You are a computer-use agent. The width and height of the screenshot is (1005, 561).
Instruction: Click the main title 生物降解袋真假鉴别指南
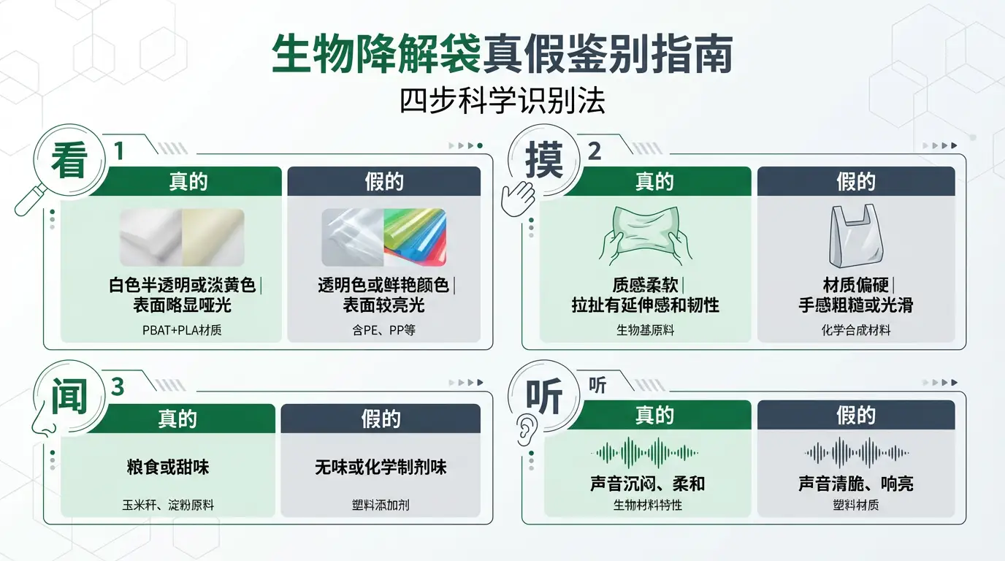pyautogui.click(x=502, y=56)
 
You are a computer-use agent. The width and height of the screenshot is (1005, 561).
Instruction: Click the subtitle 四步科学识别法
pyautogui.click(x=502, y=101)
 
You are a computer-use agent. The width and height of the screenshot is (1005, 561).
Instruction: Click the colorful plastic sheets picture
pyautogui.click(x=415, y=237)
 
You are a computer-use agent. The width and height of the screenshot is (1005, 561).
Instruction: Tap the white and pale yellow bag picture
pyautogui.click(x=182, y=237)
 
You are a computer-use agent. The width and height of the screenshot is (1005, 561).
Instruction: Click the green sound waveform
pyautogui.click(x=644, y=452)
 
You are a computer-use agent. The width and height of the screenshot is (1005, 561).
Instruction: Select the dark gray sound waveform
pyautogui.click(x=856, y=452)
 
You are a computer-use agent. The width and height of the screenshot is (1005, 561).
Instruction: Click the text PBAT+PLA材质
pyautogui.click(x=182, y=330)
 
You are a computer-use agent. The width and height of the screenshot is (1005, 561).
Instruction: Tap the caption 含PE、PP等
pyautogui.click(x=383, y=330)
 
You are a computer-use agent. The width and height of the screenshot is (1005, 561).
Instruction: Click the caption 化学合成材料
pyautogui.click(x=856, y=330)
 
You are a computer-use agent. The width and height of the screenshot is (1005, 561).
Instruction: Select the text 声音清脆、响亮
pyautogui.click(x=856, y=484)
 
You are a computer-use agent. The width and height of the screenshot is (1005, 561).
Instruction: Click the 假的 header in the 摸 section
pyautogui.click(x=856, y=181)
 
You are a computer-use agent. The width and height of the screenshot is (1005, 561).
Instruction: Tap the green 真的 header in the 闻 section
pyautogui.click(x=177, y=419)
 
